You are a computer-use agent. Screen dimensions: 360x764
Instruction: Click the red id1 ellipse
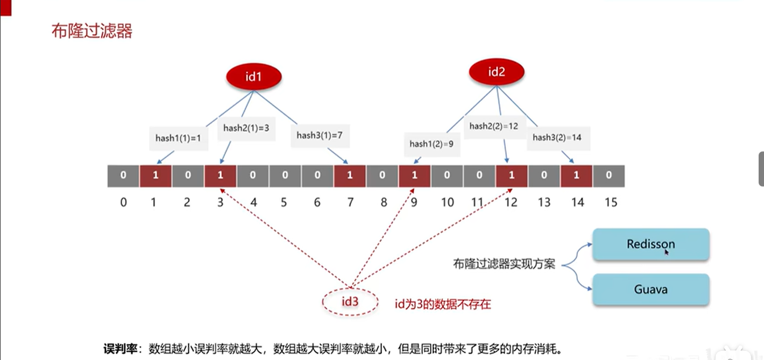point(253,76)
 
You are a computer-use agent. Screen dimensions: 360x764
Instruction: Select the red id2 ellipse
point(496,73)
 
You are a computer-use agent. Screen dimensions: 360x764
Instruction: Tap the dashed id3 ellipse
point(350,302)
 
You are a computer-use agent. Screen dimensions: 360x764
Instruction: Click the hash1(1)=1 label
point(178,138)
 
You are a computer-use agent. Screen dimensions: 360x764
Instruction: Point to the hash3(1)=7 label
point(320,136)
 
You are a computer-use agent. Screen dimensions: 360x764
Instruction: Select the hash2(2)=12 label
point(493,126)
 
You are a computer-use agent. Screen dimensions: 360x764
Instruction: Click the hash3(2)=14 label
point(557,137)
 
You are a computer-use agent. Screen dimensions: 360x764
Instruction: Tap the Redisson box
point(651,244)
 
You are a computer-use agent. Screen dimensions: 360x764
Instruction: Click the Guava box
point(651,290)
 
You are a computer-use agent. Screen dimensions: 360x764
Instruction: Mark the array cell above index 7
point(350,176)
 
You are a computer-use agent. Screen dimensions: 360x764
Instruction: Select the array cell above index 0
point(123,176)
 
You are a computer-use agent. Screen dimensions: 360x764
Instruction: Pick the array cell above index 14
point(576,176)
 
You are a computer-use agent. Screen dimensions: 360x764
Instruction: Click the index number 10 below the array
point(447,202)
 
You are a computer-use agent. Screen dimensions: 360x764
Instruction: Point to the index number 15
point(610,202)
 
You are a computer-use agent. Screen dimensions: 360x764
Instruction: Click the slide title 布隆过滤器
point(91,31)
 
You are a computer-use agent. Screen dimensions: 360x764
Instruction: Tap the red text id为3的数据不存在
point(443,304)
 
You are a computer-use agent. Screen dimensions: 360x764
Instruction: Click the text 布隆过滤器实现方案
point(504,264)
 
